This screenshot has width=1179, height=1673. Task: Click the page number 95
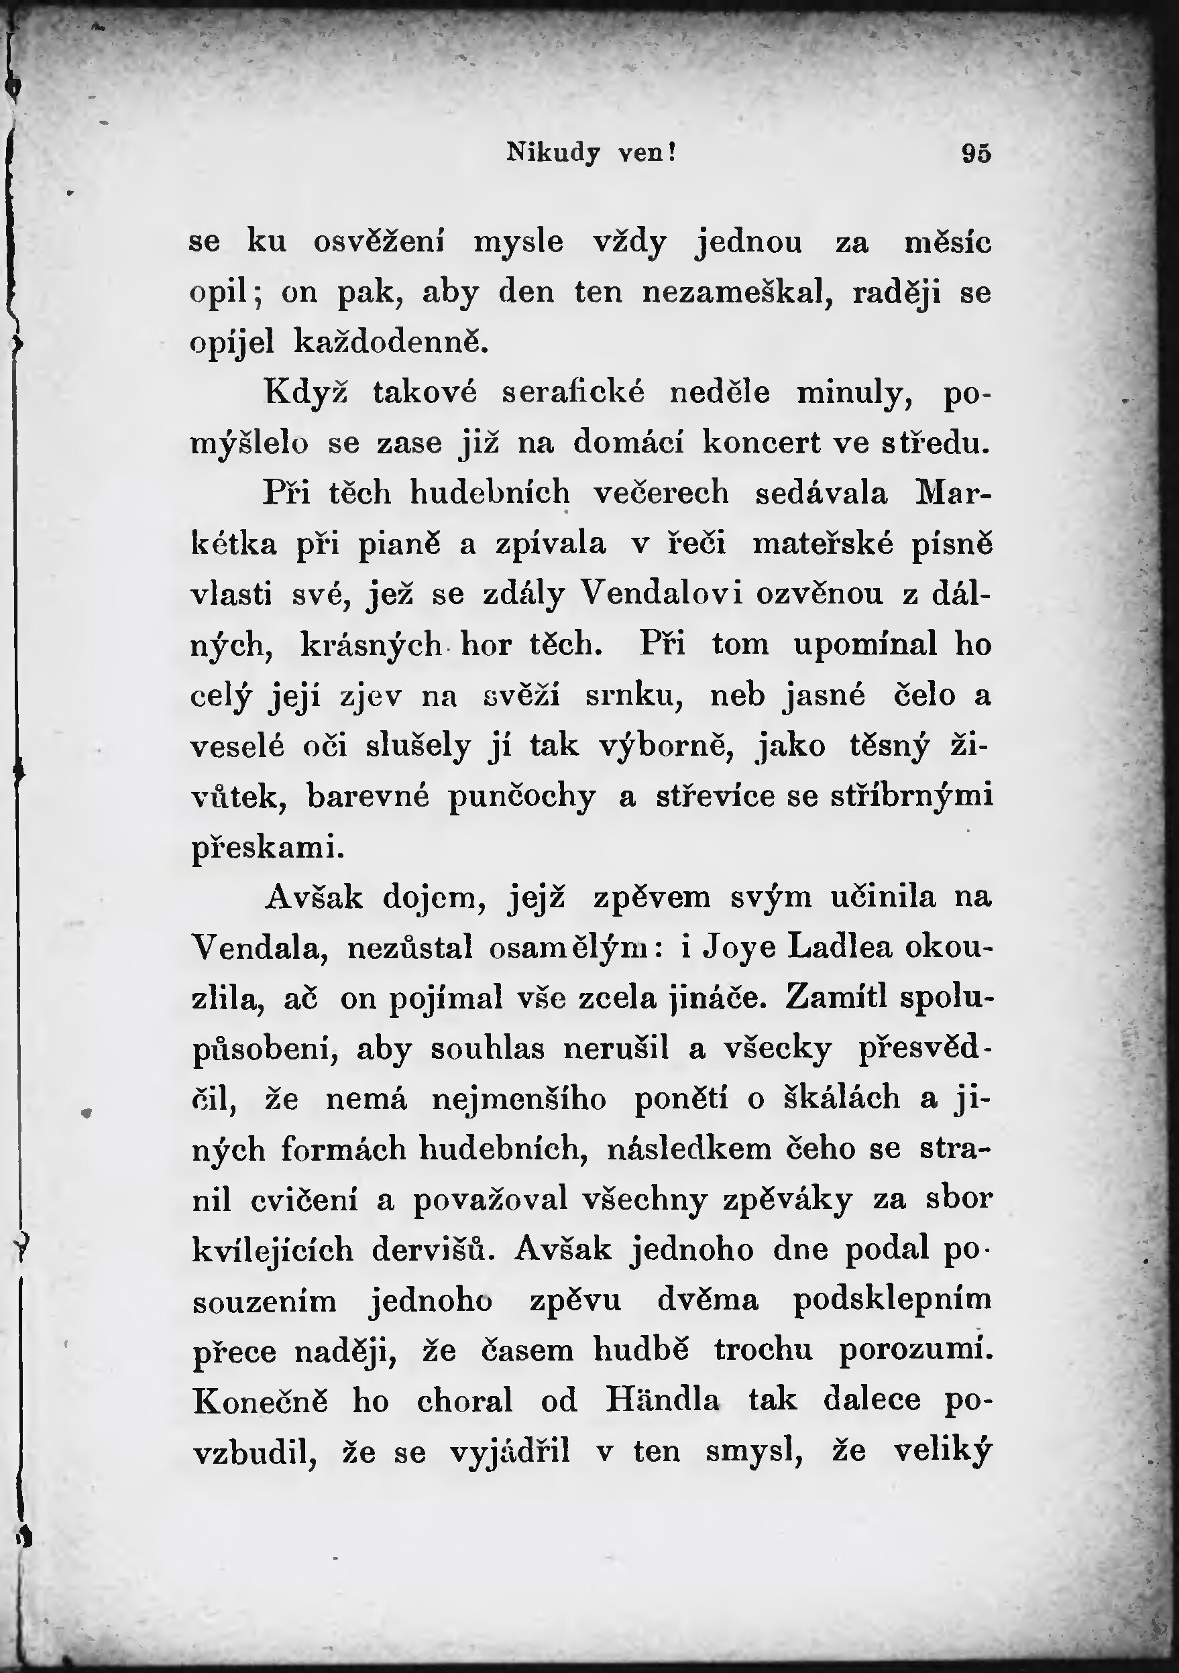click(x=976, y=154)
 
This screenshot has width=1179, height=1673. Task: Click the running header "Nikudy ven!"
click(x=591, y=153)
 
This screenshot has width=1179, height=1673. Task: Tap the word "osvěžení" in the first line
click(x=380, y=243)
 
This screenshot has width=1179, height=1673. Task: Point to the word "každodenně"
click(x=390, y=343)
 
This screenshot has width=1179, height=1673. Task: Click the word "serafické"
click(x=573, y=394)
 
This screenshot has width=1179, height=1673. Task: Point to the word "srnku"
click(x=633, y=696)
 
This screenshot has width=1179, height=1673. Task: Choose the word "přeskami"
click(x=268, y=848)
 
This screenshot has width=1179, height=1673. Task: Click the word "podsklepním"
click(x=892, y=1301)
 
